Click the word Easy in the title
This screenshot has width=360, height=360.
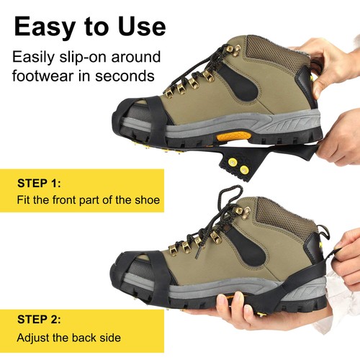(x=49, y=27)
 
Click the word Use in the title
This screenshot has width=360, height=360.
(x=140, y=27)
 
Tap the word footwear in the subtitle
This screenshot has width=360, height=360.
(x=48, y=75)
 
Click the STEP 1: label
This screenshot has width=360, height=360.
(x=40, y=184)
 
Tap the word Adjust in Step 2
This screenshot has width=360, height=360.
(x=35, y=337)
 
